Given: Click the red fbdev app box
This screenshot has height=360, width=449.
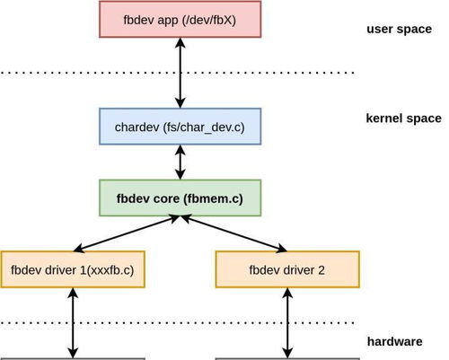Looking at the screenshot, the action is click(x=180, y=20).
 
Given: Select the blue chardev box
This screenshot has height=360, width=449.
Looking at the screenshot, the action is click(x=180, y=127).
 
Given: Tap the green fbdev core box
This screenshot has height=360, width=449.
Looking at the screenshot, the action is click(x=180, y=198).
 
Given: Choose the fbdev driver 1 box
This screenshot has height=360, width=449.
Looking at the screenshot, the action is click(x=73, y=269).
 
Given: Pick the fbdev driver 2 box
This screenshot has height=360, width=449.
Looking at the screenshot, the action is click(x=287, y=269).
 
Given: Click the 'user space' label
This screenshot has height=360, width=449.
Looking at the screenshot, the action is click(x=399, y=29).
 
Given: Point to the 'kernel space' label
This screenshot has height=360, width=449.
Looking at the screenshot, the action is click(x=403, y=119).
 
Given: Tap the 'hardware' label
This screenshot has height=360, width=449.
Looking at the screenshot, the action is click(x=395, y=341).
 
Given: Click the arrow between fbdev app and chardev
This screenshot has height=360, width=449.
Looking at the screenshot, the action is click(x=180, y=73).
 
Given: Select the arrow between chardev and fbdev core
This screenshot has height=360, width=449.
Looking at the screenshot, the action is click(x=180, y=162).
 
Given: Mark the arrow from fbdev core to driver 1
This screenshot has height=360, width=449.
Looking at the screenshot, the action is click(x=126, y=233).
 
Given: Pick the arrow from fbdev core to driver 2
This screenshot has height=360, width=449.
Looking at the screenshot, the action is click(x=234, y=233).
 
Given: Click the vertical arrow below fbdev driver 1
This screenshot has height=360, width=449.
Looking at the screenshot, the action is click(x=73, y=323).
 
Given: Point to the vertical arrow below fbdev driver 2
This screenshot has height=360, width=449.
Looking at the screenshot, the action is click(x=287, y=323).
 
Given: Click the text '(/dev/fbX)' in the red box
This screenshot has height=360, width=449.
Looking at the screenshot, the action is click(x=208, y=20).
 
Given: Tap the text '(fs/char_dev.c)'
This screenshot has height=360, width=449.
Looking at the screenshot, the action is click(x=204, y=127).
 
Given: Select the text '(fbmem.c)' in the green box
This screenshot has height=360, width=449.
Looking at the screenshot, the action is click(x=213, y=198).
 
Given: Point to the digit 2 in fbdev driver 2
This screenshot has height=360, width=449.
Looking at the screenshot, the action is click(x=321, y=270).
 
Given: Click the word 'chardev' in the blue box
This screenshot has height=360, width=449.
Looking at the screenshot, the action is click(x=137, y=127).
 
